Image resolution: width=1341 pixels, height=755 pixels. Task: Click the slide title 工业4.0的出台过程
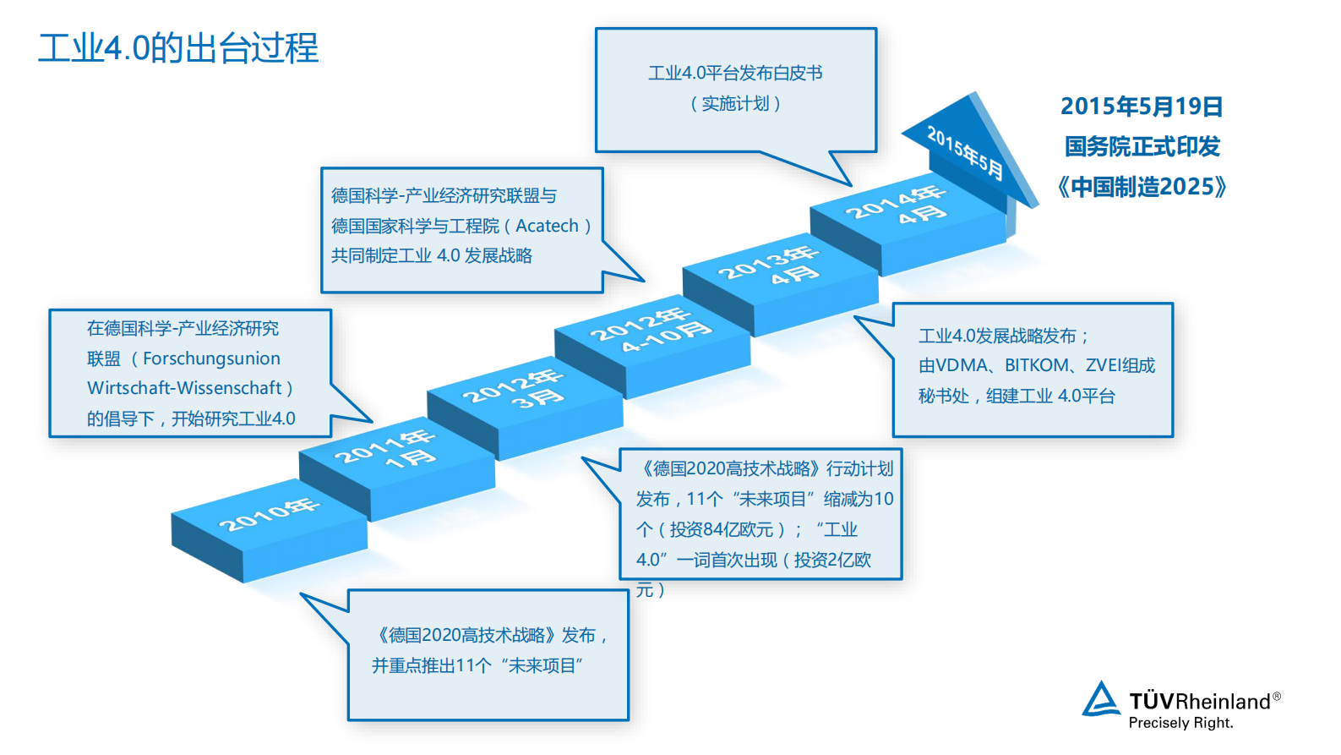pyautogui.click(x=178, y=48)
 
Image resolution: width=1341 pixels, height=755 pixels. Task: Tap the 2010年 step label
pyautogui.click(x=269, y=514)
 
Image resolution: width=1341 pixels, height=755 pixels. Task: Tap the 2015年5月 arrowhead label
pyautogui.click(x=964, y=153)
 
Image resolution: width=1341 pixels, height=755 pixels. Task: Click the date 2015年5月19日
pyautogui.click(x=1142, y=107)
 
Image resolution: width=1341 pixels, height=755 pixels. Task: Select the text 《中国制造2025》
pyautogui.click(x=1142, y=187)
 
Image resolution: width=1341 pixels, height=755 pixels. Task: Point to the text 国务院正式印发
pyautogui.click(x=1142, y=147)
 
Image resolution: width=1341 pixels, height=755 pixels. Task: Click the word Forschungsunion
pyautogui.click(x=211, y=358)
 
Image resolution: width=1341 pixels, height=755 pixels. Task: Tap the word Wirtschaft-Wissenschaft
pyautogui.click(x=184, y=388)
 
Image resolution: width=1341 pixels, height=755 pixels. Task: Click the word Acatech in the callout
pyautogui.click(x=547, y=226)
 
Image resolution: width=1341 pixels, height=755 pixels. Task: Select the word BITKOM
pyautogui.click(x=1036, y=365)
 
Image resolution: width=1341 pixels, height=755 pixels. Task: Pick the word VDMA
pyautogui.click(x=962, y=365)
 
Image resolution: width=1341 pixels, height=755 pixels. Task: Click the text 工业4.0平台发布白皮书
pyautogui.click(x=735, y=74)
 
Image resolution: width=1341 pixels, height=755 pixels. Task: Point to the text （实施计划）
pyautogui.click(x=735, y=103)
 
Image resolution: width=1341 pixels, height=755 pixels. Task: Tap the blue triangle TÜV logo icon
pyautogui.click(x=1100, y=700)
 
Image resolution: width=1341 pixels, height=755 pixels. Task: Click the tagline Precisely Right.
pyautogui.click(x=1180, y=723)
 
